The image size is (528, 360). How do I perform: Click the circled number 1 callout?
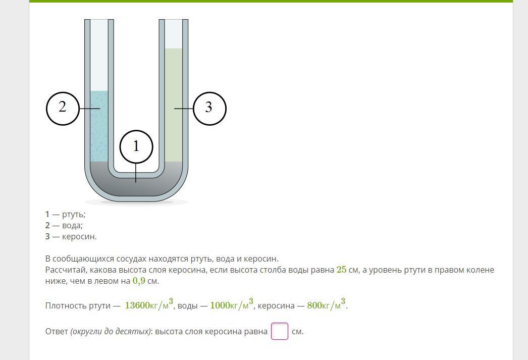tap(136, 146)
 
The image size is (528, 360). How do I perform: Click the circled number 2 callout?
tap(63, 109)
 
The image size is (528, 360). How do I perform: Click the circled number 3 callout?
tap(209, 109)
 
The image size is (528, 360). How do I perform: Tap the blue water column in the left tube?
tap(99, 126)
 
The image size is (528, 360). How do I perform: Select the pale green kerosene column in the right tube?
tap(174, 105)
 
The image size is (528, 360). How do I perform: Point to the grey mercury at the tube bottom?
tap(136, 185)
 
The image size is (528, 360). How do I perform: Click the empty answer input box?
tap(280, 331)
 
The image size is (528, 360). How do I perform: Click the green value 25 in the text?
tap(341, 270)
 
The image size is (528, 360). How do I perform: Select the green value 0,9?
tap(139, 281)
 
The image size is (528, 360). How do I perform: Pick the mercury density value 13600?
tap(137, 305)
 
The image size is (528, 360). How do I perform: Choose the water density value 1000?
tap(220, 305)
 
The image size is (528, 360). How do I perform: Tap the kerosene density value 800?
tap(314, 305)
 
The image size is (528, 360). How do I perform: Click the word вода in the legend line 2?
tap(71, 225)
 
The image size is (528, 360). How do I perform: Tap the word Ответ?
tap(57, 332)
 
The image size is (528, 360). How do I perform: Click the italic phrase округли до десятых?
tap(111, 332)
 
